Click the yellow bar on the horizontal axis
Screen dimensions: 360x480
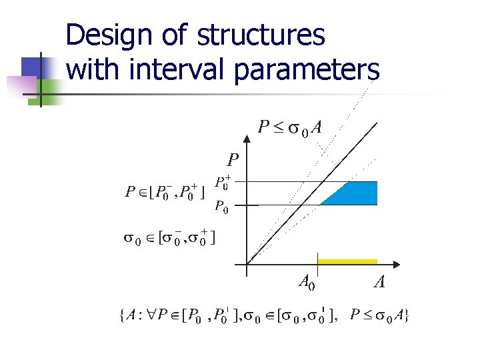(x=347, y=261)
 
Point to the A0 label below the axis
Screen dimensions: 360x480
(x=306, y=283)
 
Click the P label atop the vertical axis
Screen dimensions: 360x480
(x=232, y=160)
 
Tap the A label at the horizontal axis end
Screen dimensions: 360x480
(x=378, y=284)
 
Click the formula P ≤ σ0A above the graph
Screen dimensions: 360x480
(x=290, y=127)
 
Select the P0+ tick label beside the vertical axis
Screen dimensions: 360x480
(x=223, y=182)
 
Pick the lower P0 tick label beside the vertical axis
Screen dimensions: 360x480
(x=223, y=207)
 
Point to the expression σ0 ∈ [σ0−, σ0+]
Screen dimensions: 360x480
(x=170, y=238)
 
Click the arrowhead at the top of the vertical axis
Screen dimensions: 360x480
(x=247, y=127)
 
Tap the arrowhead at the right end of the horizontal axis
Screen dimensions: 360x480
(x=403, y=265)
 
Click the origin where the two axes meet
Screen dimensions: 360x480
(x=247, y=265)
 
